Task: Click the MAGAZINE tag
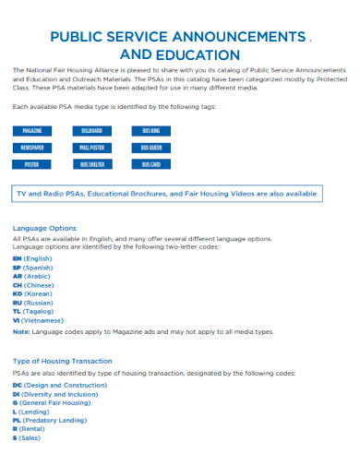coord(32,131)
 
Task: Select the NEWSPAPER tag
coord(32,148)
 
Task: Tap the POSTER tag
coord(32,164)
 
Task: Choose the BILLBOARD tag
coord(91,131)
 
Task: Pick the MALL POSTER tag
coord(91,148)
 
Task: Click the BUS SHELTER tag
coord(91,164)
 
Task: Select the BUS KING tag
coord(150,131)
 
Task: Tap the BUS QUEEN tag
coord(150,148)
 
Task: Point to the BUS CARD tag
coord(150,164)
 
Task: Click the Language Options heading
coord(44,228)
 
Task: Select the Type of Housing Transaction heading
coord(61,361)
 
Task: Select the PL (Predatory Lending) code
coord(49,420)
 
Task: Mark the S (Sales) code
coord(28,437)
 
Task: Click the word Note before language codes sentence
coord(21,331)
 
